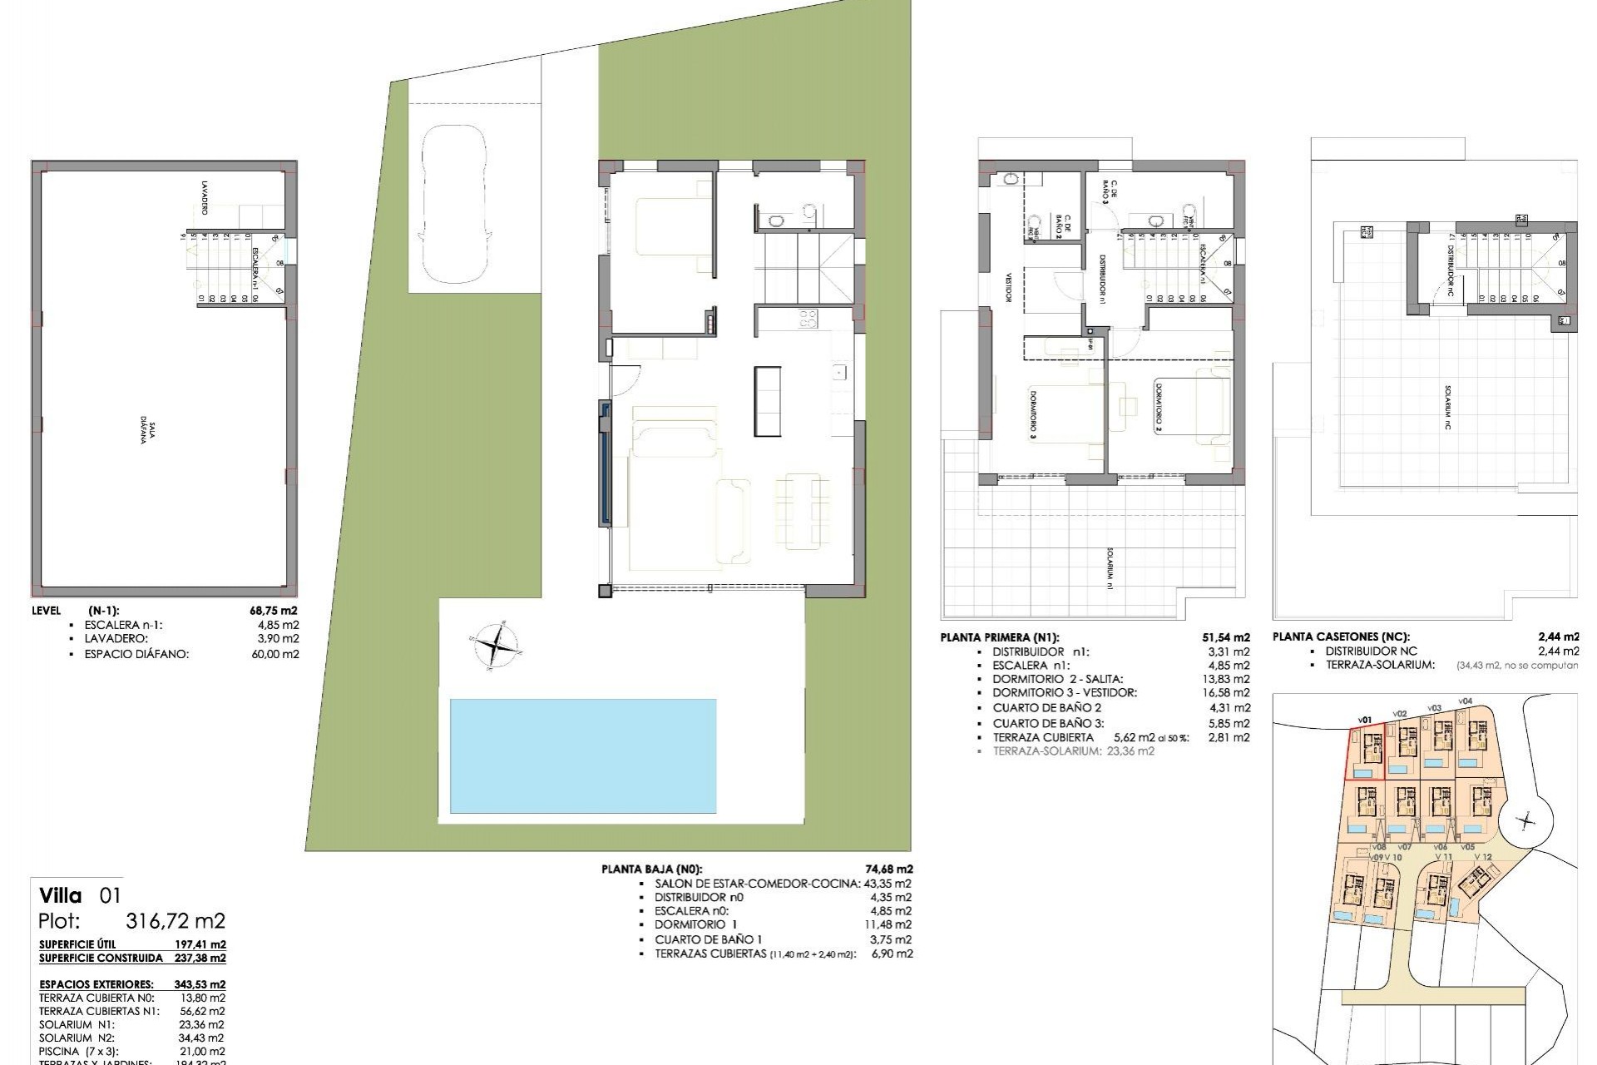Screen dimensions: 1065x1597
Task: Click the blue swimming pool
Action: coord(582,755)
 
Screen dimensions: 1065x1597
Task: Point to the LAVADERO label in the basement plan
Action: coord(204,197)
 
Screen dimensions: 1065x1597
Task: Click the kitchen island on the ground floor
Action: coord(768,401)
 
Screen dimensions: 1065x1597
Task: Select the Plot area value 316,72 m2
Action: coord(175,921)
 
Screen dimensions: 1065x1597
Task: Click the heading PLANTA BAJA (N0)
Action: coord(656,869)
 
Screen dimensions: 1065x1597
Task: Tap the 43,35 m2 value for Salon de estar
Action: coord(888,884)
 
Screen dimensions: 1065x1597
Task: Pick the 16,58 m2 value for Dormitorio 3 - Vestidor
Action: coord(1229,692)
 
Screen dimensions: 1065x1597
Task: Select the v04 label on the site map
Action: coord(1465,701)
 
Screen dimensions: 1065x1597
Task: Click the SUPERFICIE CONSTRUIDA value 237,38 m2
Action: coord(200,958)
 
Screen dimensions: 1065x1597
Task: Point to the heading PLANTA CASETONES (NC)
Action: coord(1340,637)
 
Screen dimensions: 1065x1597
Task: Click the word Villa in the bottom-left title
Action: coord(61,896)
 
